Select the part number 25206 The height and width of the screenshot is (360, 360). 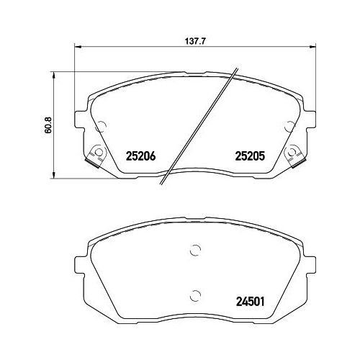141,155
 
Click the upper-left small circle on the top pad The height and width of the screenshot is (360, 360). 100,127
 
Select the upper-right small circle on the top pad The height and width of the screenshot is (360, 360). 289,127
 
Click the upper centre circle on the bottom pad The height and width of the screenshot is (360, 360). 194,251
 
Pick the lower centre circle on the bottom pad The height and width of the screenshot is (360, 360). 194,294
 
